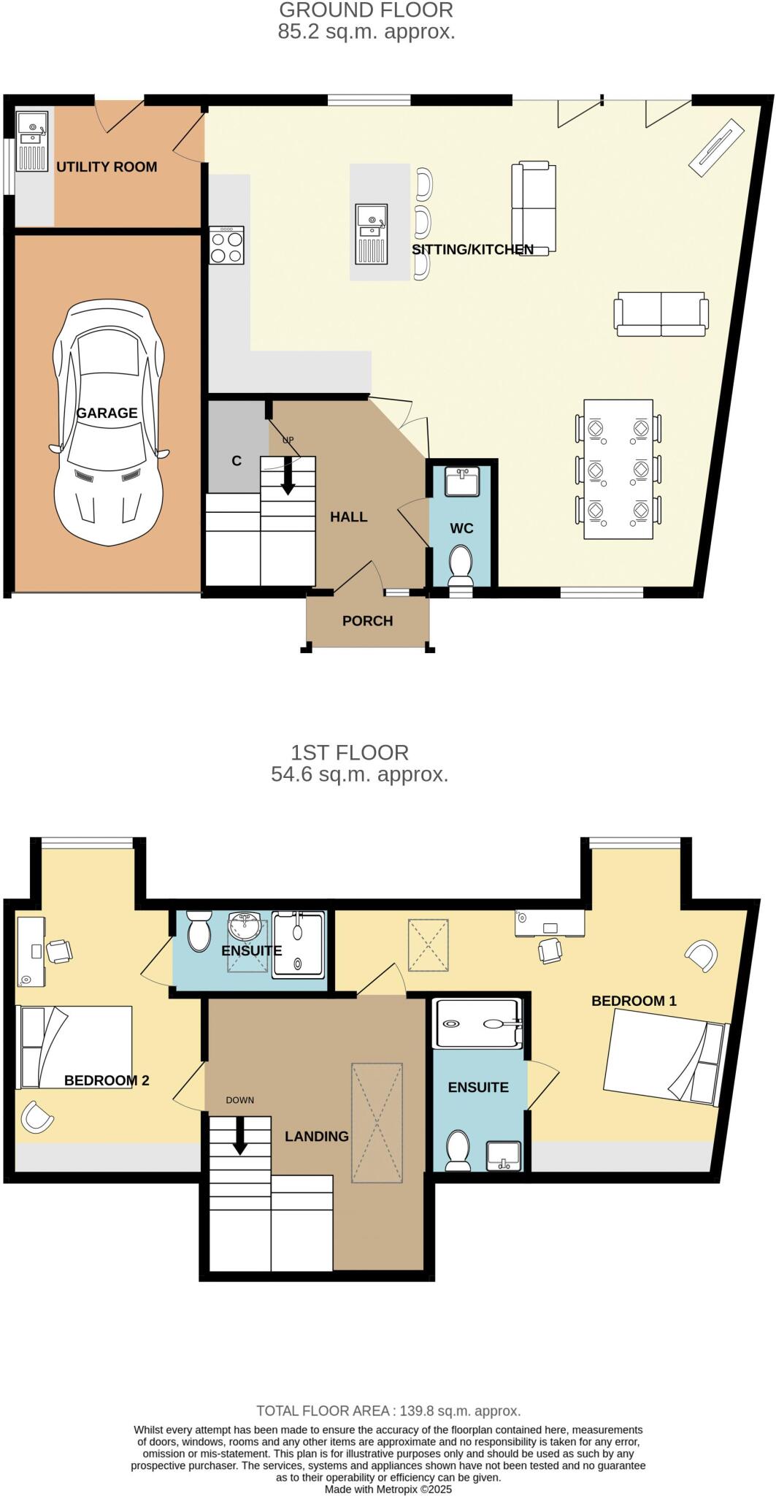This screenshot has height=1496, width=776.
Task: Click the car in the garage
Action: [108, 424]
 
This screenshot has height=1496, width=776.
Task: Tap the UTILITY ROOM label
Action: [107, 167]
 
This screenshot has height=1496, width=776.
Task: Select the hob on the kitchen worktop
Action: [227, 245]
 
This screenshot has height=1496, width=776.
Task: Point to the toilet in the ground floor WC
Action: [461, 565]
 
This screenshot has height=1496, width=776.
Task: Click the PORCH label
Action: [367, 621]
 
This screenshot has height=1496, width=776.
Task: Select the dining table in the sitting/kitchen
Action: [618, 469]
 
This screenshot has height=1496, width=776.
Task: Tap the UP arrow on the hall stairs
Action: [288, 475]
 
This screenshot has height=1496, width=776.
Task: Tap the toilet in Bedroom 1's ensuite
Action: [458, 1150]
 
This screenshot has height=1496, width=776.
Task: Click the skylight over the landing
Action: [377, 1123]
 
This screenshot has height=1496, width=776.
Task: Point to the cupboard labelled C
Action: [237, 460]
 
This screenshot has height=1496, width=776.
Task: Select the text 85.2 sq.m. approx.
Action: [366, 32]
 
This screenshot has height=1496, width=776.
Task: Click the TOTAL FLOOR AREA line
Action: [388, 1411]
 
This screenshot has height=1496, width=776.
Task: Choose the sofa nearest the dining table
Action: [661, 314]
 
